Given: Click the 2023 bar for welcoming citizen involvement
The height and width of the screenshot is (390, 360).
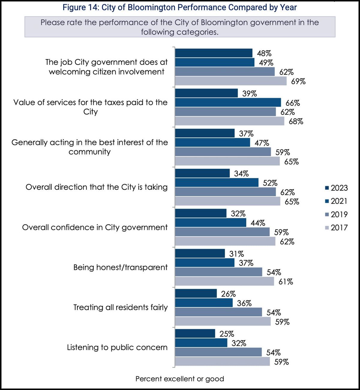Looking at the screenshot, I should click(214, 53).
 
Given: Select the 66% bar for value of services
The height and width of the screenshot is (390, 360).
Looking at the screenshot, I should click(228, 102).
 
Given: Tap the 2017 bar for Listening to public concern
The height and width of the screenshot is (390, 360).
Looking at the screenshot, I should click(222, 362).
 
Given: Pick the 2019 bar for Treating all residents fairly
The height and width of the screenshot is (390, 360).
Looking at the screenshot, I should click(218, 312).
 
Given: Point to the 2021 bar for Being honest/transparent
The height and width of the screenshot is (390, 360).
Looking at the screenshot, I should click(205, 263).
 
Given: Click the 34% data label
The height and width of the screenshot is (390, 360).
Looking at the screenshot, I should click(241, 174).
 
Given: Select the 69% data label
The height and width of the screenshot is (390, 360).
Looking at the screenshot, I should click(298, 81).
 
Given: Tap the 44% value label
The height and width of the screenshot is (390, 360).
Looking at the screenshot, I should click(258, 223).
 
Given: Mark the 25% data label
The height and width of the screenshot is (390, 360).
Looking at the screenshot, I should click(226, 334).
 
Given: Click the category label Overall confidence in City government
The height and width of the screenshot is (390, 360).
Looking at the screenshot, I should click(95, 227).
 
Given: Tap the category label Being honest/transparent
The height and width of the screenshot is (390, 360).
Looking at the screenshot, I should click(120, 267).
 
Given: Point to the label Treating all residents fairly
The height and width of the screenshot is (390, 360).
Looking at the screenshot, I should click(120, 307).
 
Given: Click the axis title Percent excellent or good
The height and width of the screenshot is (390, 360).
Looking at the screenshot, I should click(180, 379).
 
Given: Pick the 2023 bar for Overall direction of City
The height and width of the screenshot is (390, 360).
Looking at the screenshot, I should click(202, 173).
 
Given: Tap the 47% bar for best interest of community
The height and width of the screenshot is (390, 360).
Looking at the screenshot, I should click(212, 143).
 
